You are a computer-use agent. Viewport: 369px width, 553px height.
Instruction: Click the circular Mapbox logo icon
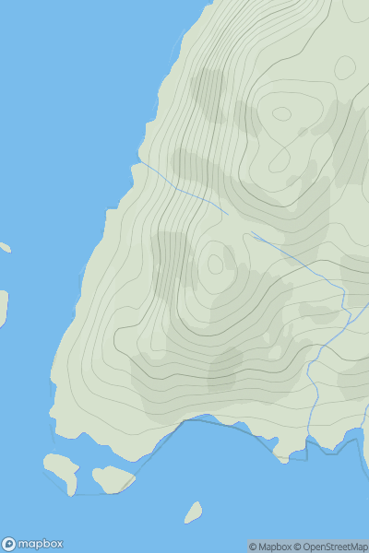(9, 544)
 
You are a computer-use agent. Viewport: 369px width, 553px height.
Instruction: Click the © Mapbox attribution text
(271, 547)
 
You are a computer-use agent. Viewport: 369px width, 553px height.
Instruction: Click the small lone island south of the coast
(193, 512)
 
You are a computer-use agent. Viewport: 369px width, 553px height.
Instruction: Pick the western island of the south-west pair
(62, 469)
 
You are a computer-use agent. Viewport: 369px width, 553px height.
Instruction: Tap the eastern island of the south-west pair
(113, 478)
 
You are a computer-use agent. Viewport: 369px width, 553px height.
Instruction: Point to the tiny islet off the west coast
(5, 247)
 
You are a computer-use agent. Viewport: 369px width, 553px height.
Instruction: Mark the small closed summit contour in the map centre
(215, 264)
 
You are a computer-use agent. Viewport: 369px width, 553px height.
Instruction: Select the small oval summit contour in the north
(281, 113)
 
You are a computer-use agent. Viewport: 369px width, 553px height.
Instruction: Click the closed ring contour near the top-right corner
(345, 66)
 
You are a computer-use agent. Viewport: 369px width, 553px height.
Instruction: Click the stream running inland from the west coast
(184, 189)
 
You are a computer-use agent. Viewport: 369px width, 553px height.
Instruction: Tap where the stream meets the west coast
(140, 162)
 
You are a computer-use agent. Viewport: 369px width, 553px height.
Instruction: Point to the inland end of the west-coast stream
(227, 215)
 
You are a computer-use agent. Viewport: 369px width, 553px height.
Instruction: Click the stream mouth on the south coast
(308, 442)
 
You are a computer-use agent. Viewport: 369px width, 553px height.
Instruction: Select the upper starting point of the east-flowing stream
(251, 232)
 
